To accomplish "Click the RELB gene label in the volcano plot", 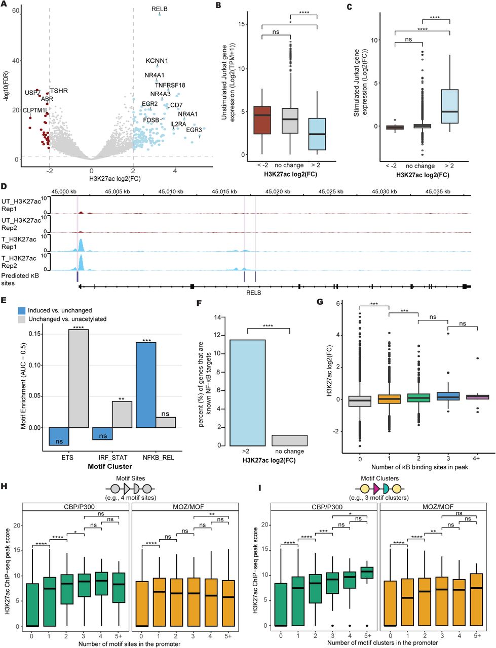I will [159, 9].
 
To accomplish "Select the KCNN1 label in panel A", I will [157, 61].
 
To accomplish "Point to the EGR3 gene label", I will [194, 130].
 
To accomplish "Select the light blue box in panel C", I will [449, 106].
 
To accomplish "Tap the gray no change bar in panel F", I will [289, 440].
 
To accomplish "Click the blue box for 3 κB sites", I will [447, 396].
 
